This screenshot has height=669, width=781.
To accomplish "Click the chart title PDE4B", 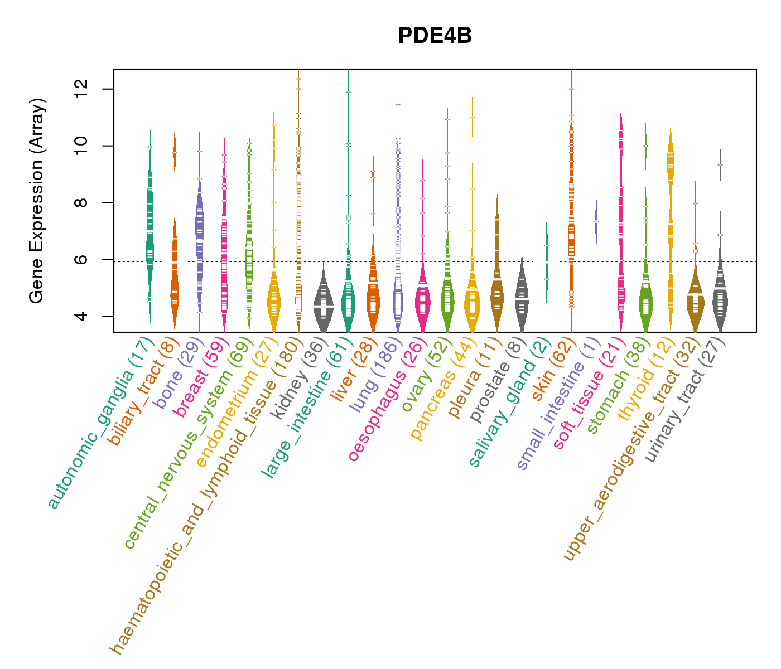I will point(435,36).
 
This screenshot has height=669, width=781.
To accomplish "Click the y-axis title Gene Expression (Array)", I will point(37,201).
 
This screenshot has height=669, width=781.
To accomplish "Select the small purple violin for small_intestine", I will point(596,221).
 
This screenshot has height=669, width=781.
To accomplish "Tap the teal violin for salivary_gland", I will point(547,262).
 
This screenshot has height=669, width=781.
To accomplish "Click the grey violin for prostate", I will point(522,295).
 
